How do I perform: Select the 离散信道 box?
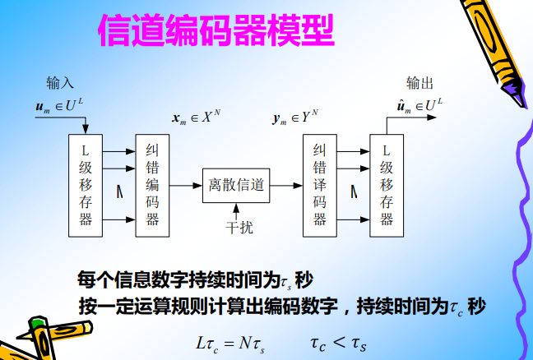pos(236,186)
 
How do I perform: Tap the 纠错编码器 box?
pos(152,184)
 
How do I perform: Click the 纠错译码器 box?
pos(320,184)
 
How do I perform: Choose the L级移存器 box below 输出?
pos(387,184)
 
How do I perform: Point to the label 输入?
pos(60,83)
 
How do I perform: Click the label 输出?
pos(419,83)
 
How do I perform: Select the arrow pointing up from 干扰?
pos(236,210)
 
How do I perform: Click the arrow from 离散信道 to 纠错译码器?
pos(285,186)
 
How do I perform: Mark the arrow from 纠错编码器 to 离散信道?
pos(185,186)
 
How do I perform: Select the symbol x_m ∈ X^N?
pos(196,118)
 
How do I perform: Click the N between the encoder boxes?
pos(119,192)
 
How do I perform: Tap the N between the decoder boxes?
pos(354,192)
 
